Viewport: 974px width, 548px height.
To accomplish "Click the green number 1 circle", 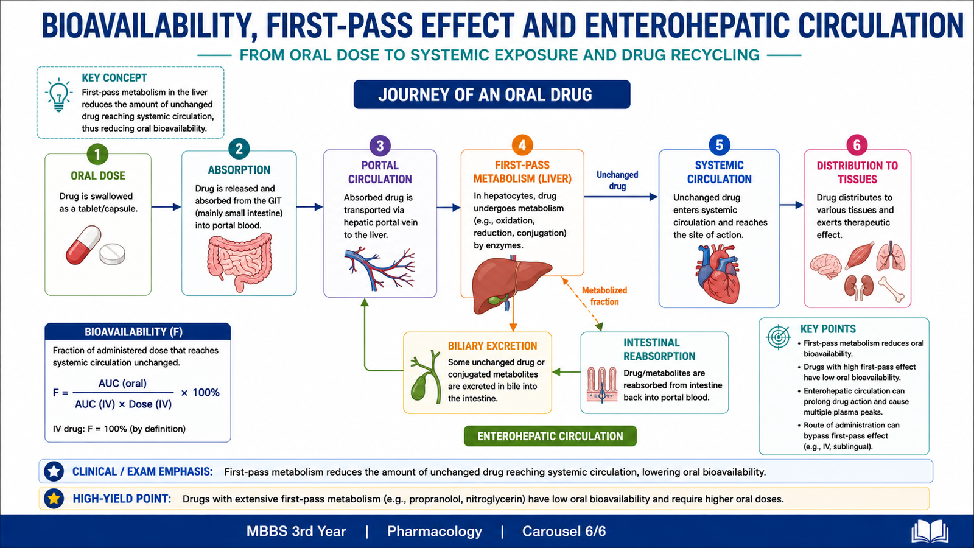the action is pos(97,154).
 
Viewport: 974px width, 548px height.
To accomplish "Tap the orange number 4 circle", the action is pos(522,145).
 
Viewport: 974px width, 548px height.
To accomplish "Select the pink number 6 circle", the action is pos(857,145).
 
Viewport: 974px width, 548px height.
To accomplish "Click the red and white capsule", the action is pos(83,244).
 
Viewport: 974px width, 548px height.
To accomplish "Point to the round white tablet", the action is pos(112,254).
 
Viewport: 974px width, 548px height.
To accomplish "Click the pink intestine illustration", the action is pos(240,261).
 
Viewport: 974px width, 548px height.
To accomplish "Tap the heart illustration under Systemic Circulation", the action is pos(718,273).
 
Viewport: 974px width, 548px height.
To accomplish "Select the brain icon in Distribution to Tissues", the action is pos(825,265).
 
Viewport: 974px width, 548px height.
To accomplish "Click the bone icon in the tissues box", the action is pos(891,289).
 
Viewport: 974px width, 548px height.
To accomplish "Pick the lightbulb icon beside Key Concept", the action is pos(58,95).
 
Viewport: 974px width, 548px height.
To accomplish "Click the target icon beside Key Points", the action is pos(779,337).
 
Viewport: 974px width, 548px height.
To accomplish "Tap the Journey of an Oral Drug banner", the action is pos(492,94).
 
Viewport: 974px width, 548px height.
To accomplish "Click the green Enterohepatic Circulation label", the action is pos(550,436).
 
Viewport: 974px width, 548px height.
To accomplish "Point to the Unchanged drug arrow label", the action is pos(617,180).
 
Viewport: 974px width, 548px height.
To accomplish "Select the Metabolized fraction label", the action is pos(604,296).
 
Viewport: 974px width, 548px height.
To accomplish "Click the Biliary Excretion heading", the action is pos(492,346).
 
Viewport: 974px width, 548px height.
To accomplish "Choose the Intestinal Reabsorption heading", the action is pos(659,350).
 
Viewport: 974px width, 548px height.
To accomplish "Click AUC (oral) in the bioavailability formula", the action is pos(122,383).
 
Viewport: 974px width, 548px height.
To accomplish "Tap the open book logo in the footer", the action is pos(930,531).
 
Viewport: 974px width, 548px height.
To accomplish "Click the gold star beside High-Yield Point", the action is pos(54,499).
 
